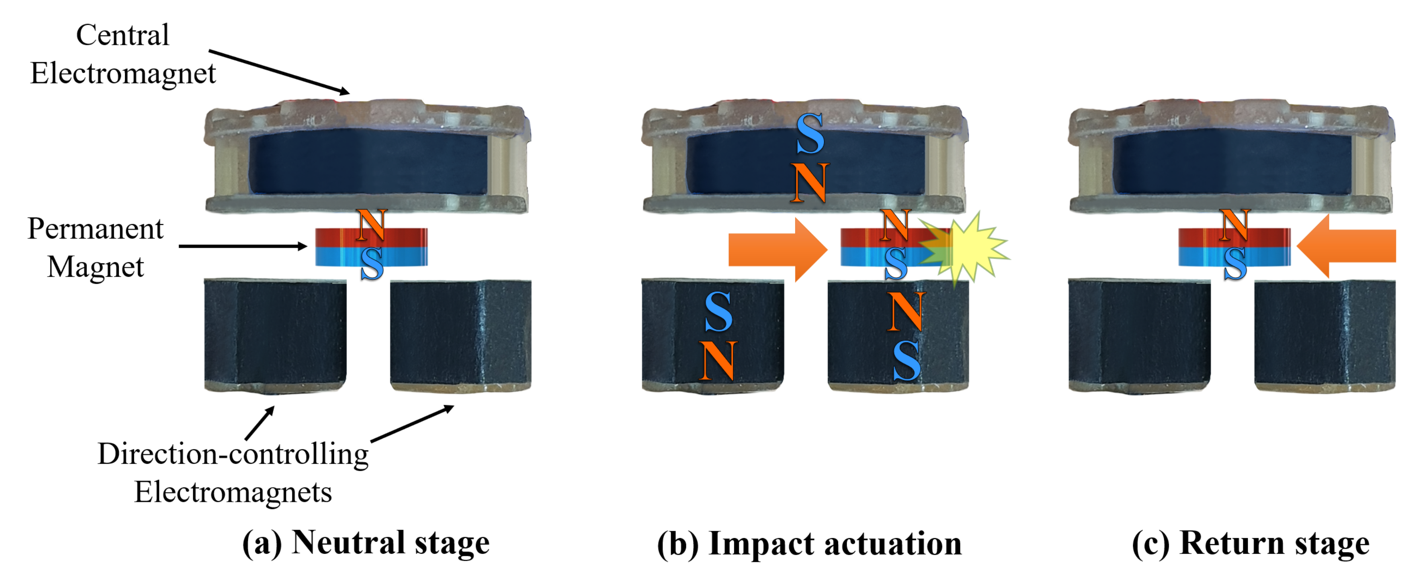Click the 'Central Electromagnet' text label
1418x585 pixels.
tap(122, 54)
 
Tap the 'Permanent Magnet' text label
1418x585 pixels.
tap(95, 247)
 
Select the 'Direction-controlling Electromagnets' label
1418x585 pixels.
tap(233, 472)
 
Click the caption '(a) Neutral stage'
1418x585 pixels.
tap(366, 543)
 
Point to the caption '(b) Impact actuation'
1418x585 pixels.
tap(809, 544)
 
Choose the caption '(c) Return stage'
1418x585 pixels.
tap(1251, 544)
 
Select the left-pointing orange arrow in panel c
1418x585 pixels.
tap(1349, 246)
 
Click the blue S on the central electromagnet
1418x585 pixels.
tap(810, 134)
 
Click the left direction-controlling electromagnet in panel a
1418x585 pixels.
tap(275, 335)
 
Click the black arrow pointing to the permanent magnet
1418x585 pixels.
tap(242, 246)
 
